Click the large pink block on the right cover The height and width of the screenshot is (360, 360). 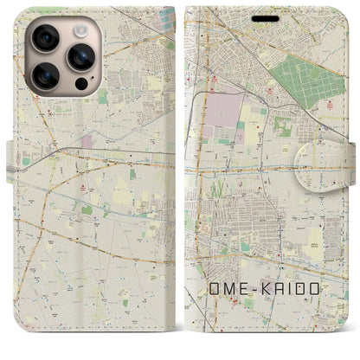(x=223, y=112)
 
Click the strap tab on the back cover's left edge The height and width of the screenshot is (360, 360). (x=11, y=157)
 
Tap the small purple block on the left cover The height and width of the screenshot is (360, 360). (x=87, y=139)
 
